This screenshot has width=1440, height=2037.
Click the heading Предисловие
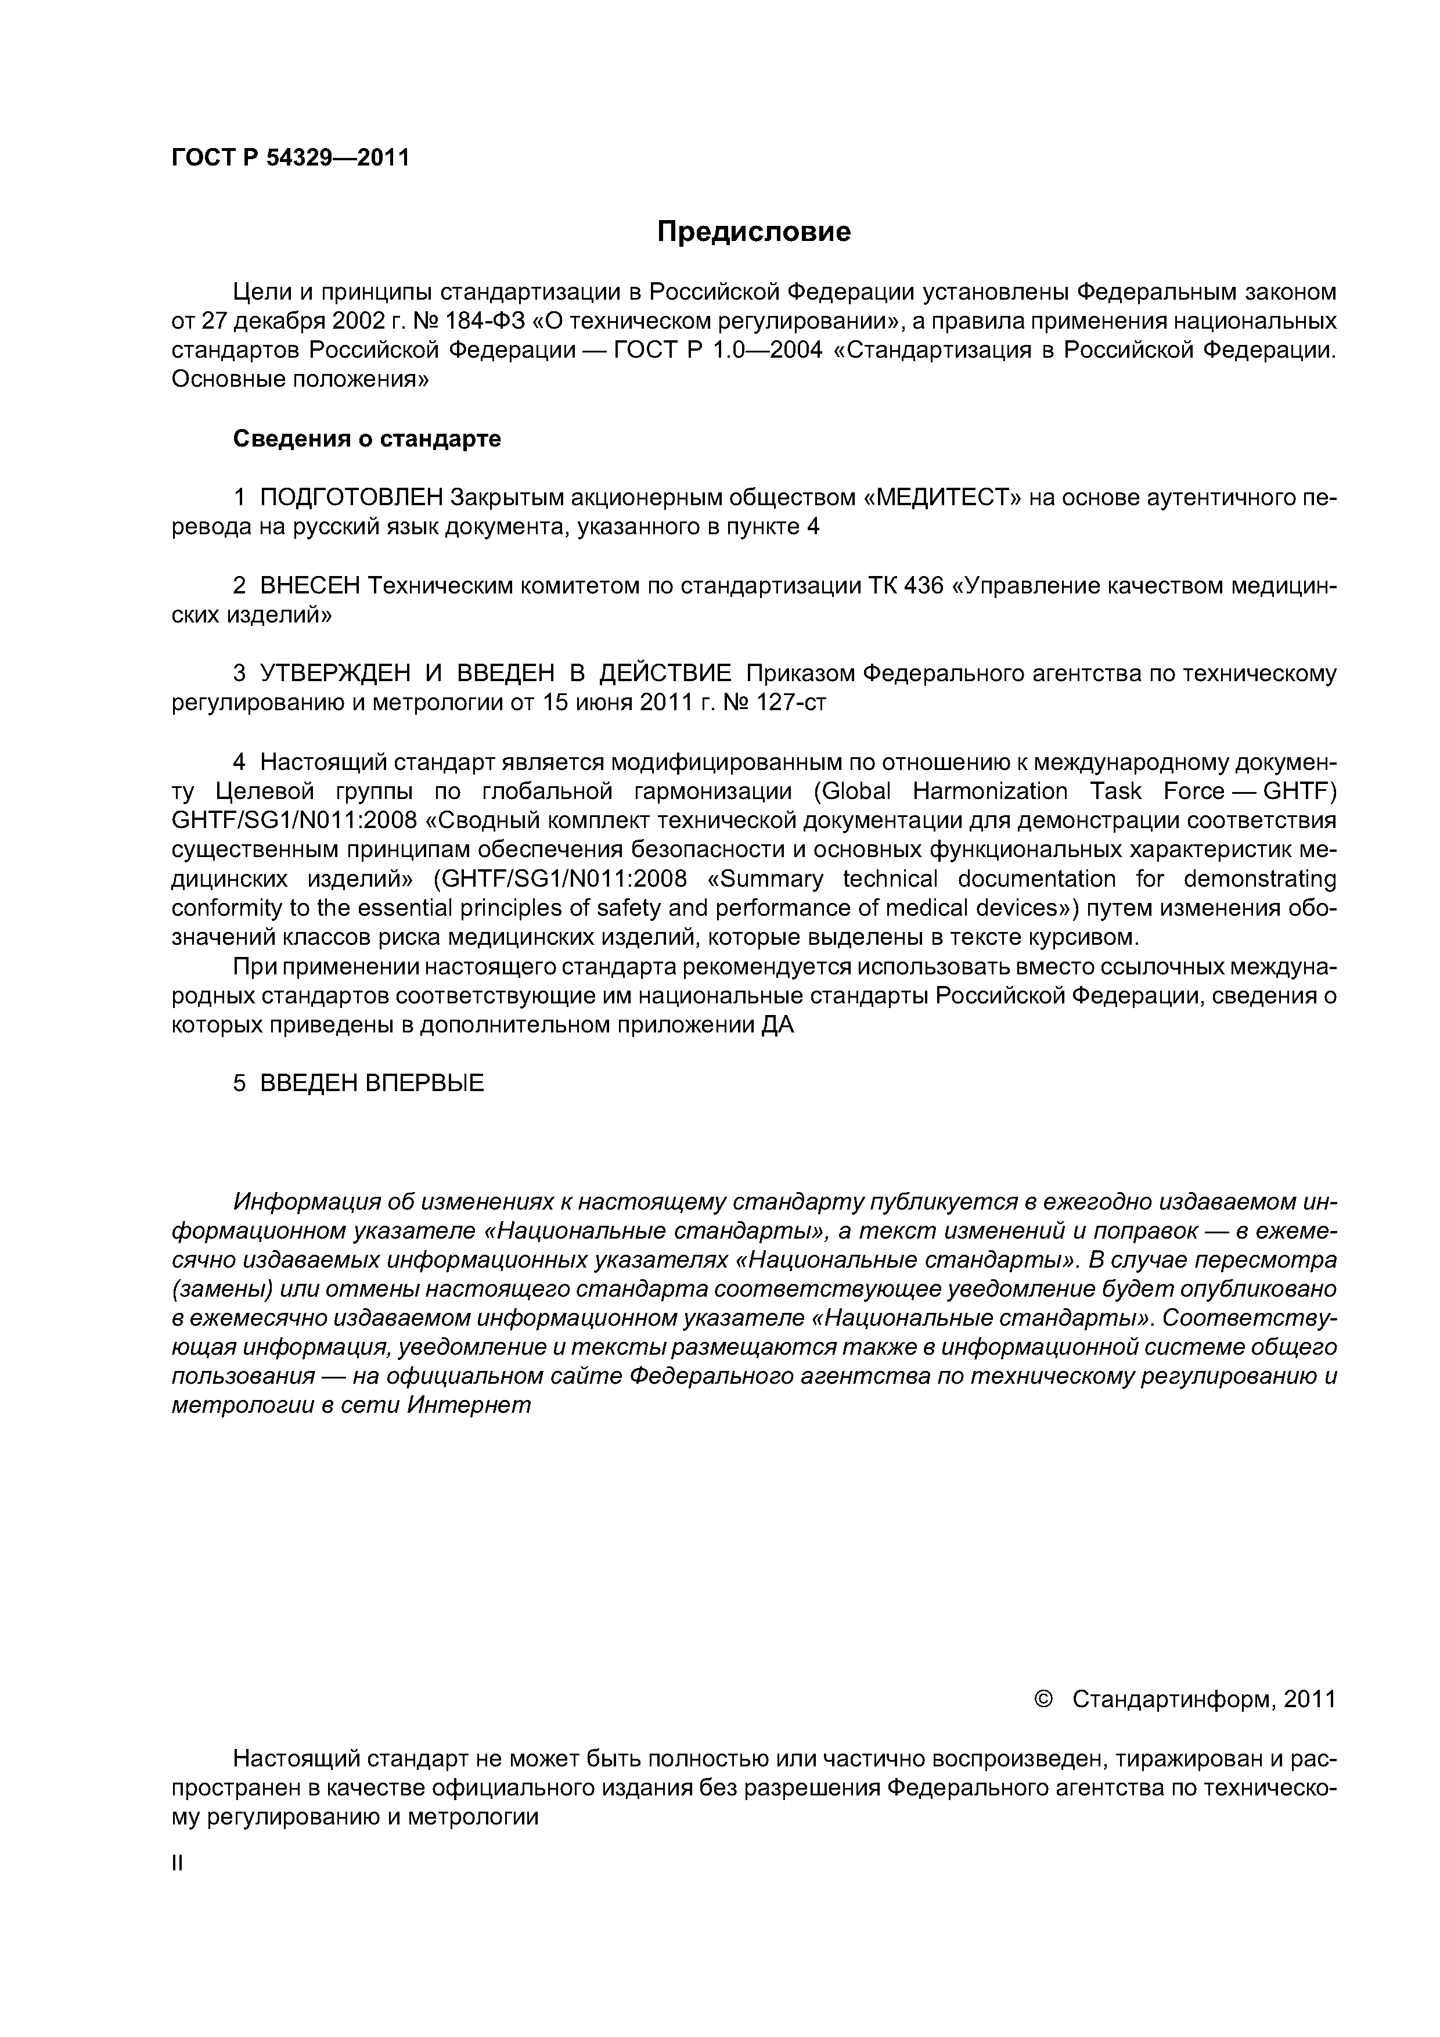point(753,232)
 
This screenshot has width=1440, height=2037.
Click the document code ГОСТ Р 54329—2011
point(290,158)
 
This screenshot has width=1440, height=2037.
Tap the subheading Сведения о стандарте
point(366,438)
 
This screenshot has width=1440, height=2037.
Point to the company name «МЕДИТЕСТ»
point(942,498)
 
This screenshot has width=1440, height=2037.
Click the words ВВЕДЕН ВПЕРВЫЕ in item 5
point(372,1084)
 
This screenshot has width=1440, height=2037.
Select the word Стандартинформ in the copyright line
point(1174,1699)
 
